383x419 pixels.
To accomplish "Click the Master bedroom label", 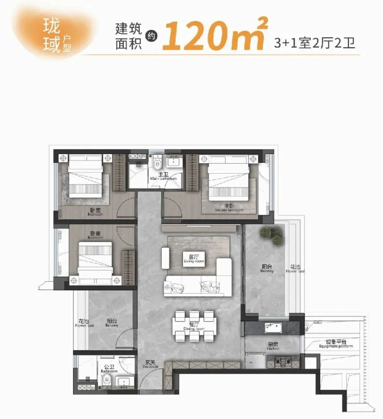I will [x=229, y=208].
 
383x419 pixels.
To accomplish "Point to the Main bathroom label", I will [x=163, y=177].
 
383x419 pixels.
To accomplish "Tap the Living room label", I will [x=194, y=259].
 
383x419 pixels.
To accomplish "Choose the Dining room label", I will [x=194, y=326].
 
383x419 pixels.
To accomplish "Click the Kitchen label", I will [x=273, y=346].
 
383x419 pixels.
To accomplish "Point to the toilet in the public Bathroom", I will [x=107, y=381].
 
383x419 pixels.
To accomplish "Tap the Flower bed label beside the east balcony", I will [x=295, y=269].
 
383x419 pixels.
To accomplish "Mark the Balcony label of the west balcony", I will [x=112, y=323].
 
